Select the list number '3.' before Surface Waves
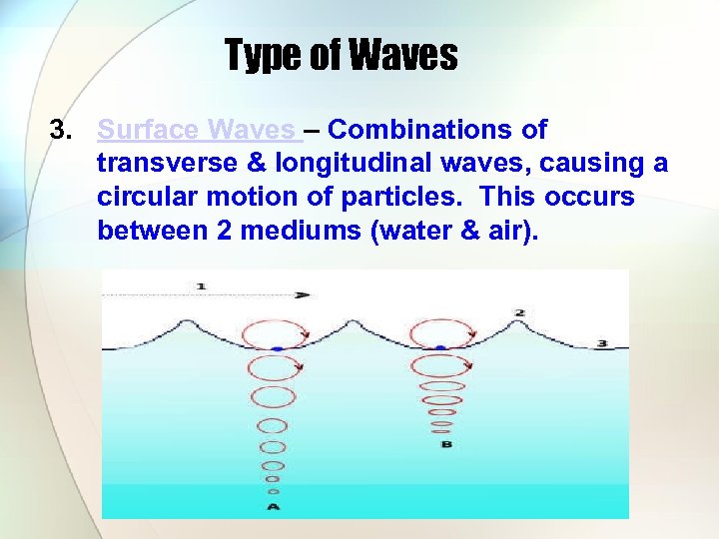(63, 130)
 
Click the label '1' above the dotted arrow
(201, 286)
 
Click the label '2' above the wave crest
(519, 312)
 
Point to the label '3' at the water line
(601, 343)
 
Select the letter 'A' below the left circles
(274, 506)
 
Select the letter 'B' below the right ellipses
(445, 443)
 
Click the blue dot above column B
(440, 348)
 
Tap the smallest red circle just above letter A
(274, 491)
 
